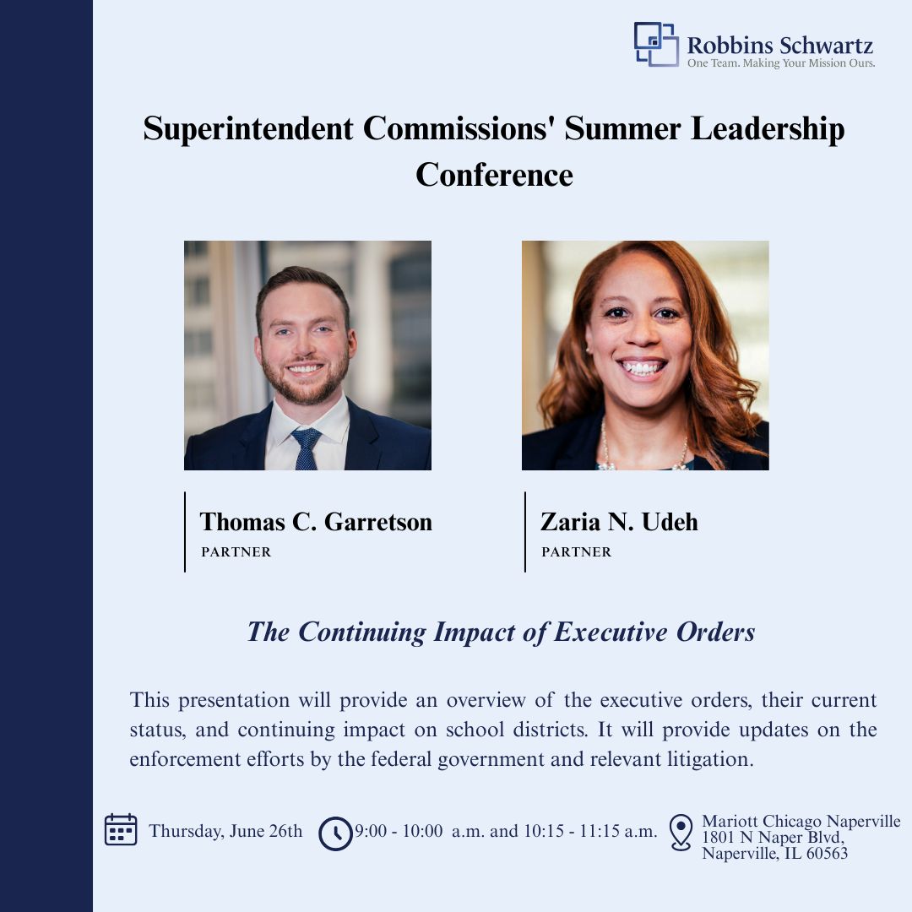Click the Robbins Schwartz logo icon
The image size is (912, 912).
pyautogui.click(x=656, y=44)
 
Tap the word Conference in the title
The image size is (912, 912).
pyautogui.click(x=494, y=175)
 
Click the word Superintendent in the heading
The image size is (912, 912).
pyautogui.click(x=248, y=128)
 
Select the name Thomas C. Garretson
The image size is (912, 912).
pyautogui.click(x=316, y=522)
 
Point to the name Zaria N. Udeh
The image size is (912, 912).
pyautogui.click(x=620, y=522)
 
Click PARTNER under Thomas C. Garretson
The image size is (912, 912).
pyautogui.click(x=236, y=552)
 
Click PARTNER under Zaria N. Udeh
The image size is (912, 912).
pyautogui.click(x=577, y=552)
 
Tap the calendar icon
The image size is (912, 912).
pyautogui.click(x=121, y=829)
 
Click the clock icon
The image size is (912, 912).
pyautogui.click(x=335, y=833)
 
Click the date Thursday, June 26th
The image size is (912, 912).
pyautogui.click(x=225, y=831)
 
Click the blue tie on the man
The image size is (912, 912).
pyautogui.click(x=307, y=448)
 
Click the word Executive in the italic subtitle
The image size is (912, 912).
pyautogui.click(x=611, y=632)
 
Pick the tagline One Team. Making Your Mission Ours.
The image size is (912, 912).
pyautogui.click(x=781, y=62)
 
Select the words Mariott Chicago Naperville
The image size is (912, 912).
pyautogui.click(x=801, y=822)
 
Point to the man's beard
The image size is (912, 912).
pyautogui.click(x=305, y=383)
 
